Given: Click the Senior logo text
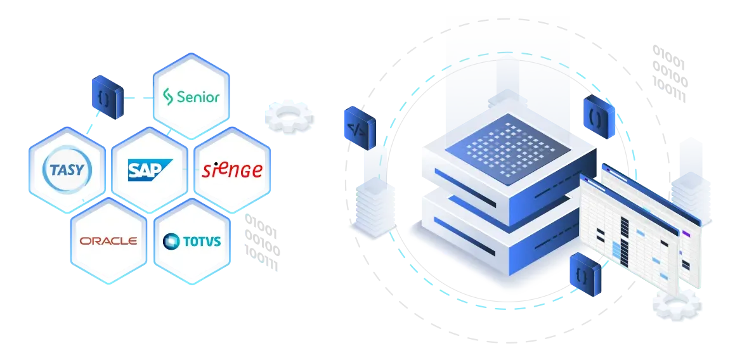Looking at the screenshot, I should (x=198, y=97).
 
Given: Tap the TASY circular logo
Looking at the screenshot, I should (x=66, y=170).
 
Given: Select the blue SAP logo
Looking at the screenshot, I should (x=150, y=170).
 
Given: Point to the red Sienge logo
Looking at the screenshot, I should (x=232, y=170).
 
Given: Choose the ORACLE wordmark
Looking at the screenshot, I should (x=108, y=241).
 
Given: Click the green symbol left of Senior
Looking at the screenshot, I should (x=168, y=97).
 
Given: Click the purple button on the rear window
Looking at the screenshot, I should (x=686, y=233).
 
